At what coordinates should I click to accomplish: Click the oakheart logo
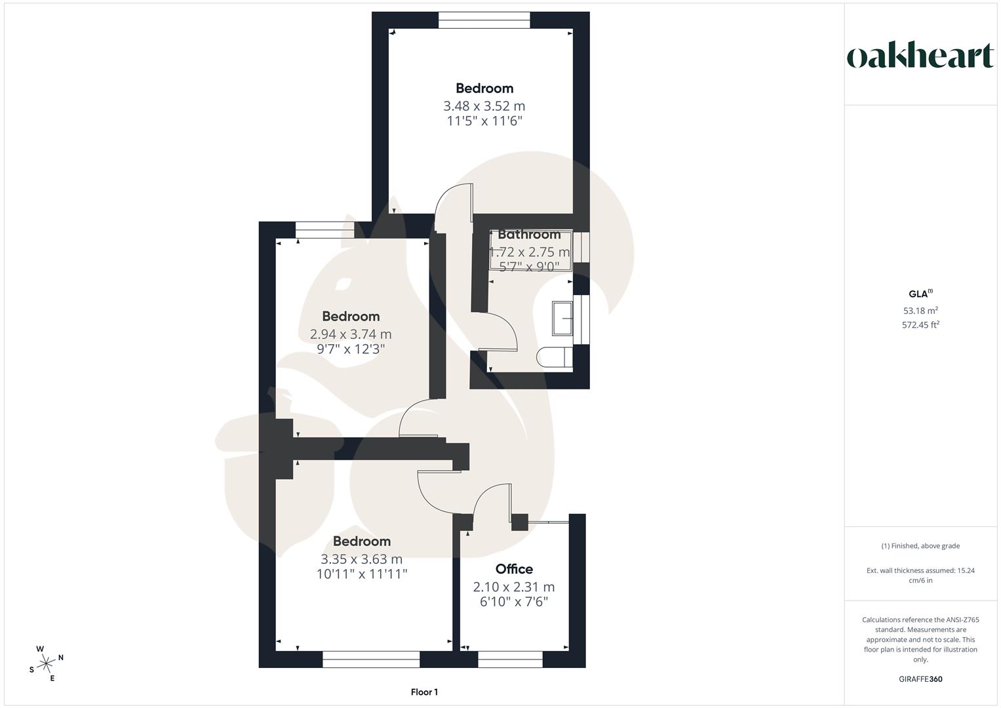coord(920,56)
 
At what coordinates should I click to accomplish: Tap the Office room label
coord(514,569)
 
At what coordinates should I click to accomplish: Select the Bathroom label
coord(529,234)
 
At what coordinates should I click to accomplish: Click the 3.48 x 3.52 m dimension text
coord(484,106)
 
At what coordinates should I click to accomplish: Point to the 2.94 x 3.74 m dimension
coord(351,334)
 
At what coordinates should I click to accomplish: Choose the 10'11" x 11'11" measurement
coord(361,574)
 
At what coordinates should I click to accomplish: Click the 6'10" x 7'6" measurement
coord(514,602)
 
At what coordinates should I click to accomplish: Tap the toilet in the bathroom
coord(554,357)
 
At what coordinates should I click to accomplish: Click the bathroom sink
coord(562,319)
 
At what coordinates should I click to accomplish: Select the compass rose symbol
coord(47,663)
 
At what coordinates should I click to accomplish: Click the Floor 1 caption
coord(424,692)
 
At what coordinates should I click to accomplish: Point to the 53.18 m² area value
coord(920,311)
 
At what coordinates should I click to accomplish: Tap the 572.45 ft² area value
coord(920,324)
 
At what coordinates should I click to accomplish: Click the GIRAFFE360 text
coord(920,679)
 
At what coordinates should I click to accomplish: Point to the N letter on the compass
coord(61,657)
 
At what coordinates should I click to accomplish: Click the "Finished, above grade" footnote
coord(920,546)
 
